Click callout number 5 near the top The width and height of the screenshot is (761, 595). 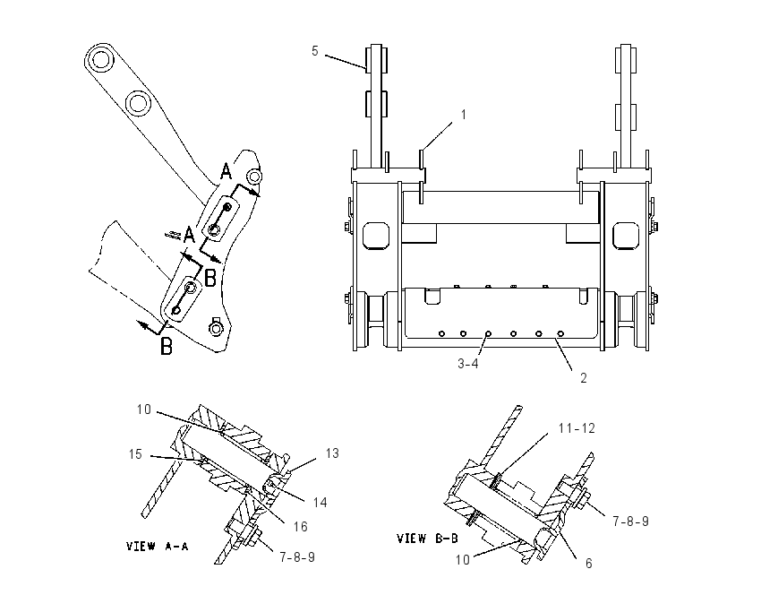click(x=315, y=51)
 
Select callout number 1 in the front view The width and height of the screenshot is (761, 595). click(x=464, y=115)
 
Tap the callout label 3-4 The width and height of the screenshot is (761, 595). click(x=468, y=363)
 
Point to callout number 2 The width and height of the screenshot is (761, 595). click(x=584, y=377)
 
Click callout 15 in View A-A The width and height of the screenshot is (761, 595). click(x=135, y=454)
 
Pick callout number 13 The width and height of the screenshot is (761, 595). click(x=332, y=453)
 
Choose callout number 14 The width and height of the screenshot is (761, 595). click(x=321, y=502)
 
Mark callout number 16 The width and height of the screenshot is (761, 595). click(x=301, y=527)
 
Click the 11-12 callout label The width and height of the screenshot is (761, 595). click(x=577, y=428)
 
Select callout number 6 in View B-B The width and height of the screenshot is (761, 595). click(x=589, y=564)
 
